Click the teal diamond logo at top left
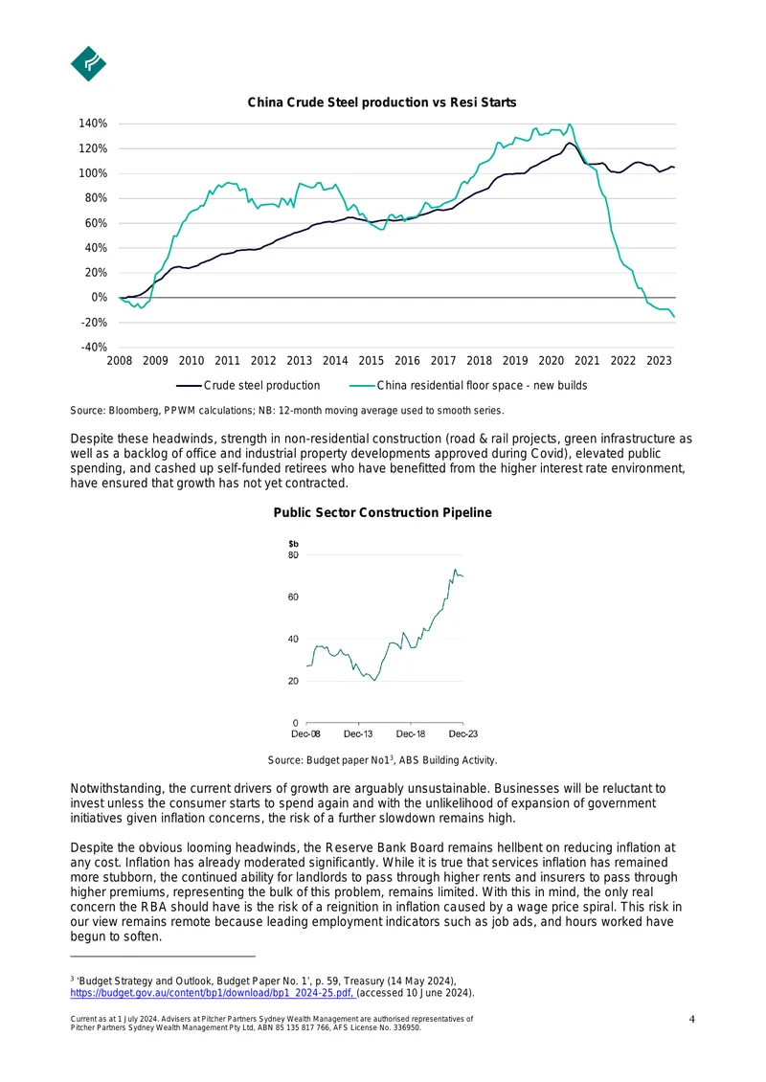coord(88,63)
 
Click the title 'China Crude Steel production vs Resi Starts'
coord(382,102)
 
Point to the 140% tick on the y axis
coord(93,124)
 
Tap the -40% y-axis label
coord(94,347)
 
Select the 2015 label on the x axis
coord(372,360)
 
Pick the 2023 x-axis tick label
coord(659,360)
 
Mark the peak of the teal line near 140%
coord(570,124)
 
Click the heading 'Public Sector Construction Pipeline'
coord(382,512)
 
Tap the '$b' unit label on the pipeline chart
coord(293,544)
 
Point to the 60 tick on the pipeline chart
coord(293,597)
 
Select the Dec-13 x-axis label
coord(358,733)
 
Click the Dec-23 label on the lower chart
coord(463,733)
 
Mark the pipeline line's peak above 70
coord(455,570)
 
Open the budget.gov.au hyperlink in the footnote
coord(213,993)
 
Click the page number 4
coord(692,1019)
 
